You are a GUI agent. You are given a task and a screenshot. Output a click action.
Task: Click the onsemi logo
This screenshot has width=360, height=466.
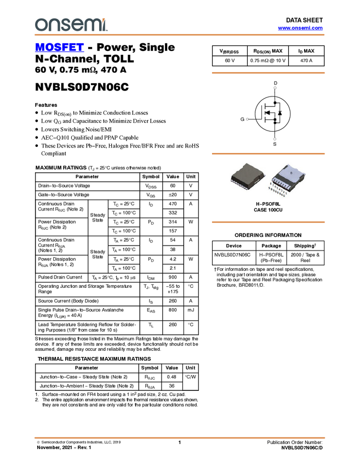point(71,25)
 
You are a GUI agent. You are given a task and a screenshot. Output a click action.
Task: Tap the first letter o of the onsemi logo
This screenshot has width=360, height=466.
point(40,25)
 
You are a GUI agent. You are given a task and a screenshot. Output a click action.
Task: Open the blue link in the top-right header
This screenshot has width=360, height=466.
point(300,28)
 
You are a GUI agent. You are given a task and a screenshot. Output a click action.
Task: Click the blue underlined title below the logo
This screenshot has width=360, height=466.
point(59,48)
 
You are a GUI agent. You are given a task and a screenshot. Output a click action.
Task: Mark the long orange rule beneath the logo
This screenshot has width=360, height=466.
point(180,35)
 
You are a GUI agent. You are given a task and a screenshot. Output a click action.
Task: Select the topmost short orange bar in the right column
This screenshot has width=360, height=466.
point(268,72)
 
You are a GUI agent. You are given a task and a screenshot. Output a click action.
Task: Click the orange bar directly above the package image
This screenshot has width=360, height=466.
point(268,154)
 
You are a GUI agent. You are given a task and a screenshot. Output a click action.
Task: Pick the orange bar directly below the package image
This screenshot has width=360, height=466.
point(268,222)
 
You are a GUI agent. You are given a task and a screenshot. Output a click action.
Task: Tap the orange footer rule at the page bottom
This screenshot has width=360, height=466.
point(180,438)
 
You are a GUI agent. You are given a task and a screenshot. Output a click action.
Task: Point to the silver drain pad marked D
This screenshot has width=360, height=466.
point(291,172)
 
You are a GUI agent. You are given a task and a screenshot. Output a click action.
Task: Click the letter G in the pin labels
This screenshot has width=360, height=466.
point(284,195)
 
